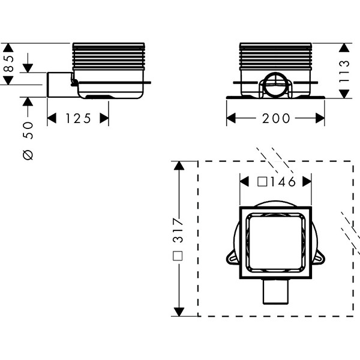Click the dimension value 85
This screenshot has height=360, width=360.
[x=9, y=64]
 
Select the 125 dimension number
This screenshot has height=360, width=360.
[x=78, y=118]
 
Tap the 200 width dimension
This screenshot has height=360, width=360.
[x=276, y=118]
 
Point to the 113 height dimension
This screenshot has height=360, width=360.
[x=344, y=71]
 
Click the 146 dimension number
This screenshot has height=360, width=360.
[x=283, y=182]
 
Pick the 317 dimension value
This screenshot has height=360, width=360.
[x=178, y=230]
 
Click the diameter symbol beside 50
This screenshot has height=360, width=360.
[x=28, y=154]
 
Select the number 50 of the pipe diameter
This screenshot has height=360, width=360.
[x=28, y=130]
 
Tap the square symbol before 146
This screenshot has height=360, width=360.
[x=262, y=182]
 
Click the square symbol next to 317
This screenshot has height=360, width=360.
[x=178, y=256]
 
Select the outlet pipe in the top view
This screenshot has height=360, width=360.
[x=275, y=292]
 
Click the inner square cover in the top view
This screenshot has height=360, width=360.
[x=275, y=242]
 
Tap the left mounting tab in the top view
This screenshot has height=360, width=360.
[x=233, y=257]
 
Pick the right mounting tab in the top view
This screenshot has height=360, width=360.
[x=319, y=257]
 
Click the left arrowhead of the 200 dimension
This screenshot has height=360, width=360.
[x=231, y=118]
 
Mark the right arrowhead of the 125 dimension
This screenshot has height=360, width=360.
[x=104, y=118]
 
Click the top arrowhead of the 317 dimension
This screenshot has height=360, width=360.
[x=179, y=166]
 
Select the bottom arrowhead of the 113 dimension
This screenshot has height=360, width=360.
[x=344, y=94]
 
